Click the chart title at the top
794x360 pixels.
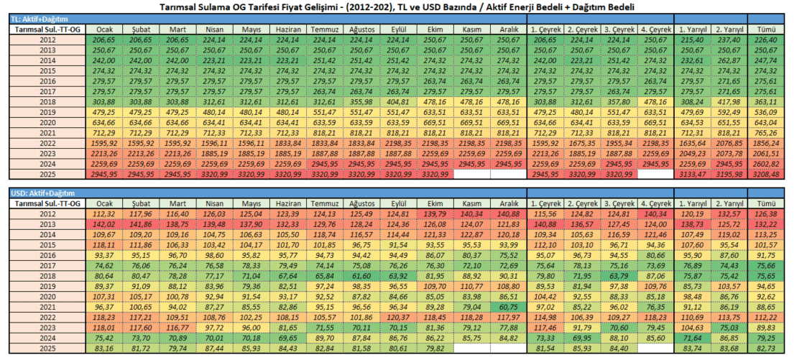397,6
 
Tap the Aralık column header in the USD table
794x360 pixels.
509,203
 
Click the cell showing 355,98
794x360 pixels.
363,102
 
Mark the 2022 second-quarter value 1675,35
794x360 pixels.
583,144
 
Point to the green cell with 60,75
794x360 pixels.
509,307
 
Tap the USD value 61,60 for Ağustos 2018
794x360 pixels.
363,276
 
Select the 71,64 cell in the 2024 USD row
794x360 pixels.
692,338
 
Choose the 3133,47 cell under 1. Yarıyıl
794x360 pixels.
692,175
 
